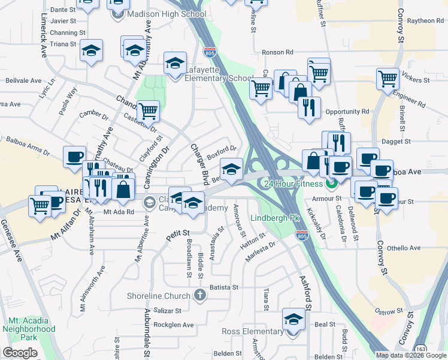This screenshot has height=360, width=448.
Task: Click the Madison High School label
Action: point(167,14)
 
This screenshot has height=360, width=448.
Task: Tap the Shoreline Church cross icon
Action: point(200,295)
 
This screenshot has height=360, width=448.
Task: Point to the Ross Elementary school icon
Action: point(293,319)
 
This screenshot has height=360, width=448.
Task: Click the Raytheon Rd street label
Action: point(425,20)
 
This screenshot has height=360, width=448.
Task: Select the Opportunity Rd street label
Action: point(347,112)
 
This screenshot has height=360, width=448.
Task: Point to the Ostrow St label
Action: point(388,311)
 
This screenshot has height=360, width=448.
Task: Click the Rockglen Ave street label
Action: point(174,325)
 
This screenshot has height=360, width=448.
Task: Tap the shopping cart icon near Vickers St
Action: point(388,78)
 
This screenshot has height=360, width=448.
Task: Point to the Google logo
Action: point(20,353)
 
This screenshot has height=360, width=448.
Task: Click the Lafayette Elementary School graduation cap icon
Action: point(175,64)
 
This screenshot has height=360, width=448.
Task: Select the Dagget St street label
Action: point(398,141)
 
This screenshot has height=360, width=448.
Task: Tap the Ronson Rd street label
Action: point(277,52)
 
